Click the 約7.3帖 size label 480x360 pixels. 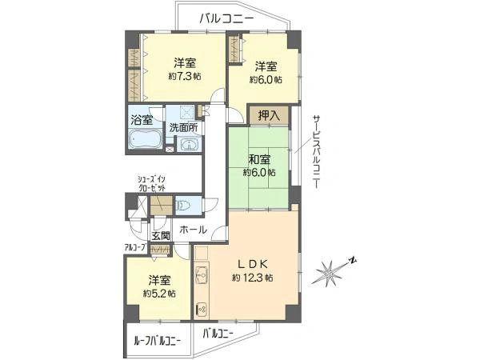(x=185, y=76)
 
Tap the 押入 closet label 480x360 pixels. (x=269, y=115)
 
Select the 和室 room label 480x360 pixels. (x=259, y=160)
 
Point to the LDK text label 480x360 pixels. (x=253, y=263)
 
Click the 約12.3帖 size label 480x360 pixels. (x=253, y=278)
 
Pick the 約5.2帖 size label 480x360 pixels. (x=159, y=294)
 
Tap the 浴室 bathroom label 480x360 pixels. (x=142, y=120)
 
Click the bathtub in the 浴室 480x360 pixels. (x=146, y=138)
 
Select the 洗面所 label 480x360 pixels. (x=184, y=128)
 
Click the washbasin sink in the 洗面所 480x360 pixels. (x=189, y=145)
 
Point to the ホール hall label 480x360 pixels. (x=193, y=230)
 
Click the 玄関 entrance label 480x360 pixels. (x=161, y=236)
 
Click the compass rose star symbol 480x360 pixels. (x=329, y=273)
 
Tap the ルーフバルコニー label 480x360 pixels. (x=158, y=341)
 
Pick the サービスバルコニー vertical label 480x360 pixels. (x=316, y=152)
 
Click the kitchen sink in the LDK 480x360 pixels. (x=202, y=274)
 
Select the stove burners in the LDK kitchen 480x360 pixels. (x=202, y=310)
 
